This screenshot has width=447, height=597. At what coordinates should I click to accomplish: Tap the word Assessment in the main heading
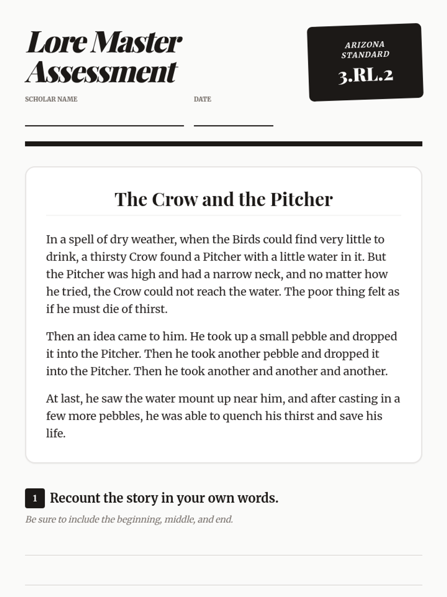tap(101, 72)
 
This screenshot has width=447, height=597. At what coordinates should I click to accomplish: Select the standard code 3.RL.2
tap(365, 76)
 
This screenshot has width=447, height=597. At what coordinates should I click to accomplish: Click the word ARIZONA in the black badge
tap(364, 45)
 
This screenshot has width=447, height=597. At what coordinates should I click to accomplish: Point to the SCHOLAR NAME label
tap(51, 99)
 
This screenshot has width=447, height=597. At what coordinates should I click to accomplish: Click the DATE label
tap(202, 99)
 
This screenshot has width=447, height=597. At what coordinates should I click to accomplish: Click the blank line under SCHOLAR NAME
tap(104, 125)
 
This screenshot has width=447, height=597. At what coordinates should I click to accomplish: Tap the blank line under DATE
tap(233, 125)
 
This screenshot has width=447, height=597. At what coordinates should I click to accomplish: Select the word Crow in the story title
tap(175, 199)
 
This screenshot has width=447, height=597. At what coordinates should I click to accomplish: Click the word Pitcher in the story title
tap(301, 199)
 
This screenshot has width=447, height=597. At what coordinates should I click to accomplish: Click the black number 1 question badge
tap(35, 498)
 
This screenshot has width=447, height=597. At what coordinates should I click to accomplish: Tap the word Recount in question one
tap(75, 498)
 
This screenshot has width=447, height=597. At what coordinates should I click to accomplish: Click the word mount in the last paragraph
tap(196, 398)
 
